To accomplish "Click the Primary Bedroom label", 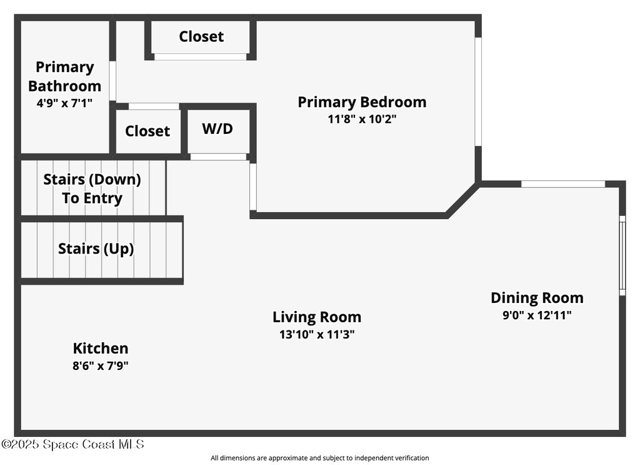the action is coord(362,102).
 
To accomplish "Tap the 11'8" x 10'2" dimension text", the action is coord(362,120).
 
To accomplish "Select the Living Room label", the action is coord(317,317).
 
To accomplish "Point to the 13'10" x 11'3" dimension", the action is coord(317,335).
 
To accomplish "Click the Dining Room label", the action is coord(537,298).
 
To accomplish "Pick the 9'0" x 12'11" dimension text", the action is coord(537,315).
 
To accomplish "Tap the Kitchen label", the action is coord(101,349).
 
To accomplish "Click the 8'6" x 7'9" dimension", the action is coord(101,365).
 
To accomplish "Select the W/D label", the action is coord(217,129).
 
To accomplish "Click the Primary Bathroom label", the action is coord(64,76).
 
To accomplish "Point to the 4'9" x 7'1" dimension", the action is coord(64,103).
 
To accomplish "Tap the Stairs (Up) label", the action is coord(96,249).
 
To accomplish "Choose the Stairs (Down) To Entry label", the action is coord(92,189).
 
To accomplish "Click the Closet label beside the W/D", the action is coord(147,131).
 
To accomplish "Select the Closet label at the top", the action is coord(201,36).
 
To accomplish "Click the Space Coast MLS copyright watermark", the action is coord(72,444).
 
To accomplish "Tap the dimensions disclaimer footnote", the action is coord(319,458).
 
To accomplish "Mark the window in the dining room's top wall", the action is coord(563,184).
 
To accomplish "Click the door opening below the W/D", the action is coord(219,157).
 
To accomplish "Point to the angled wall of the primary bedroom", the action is coord(463,200).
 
